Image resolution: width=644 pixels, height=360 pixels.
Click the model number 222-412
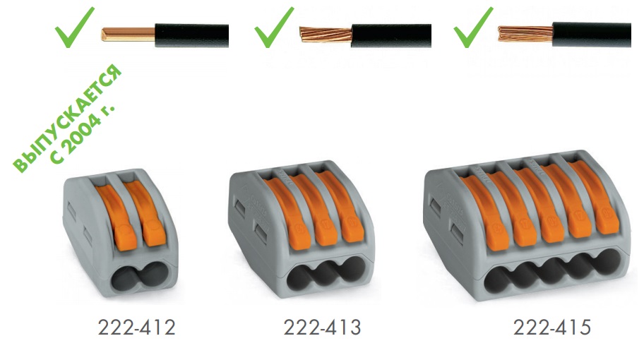(137, 328)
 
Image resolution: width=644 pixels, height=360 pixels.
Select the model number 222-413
(323, 328)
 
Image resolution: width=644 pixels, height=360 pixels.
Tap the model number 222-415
(552, 328)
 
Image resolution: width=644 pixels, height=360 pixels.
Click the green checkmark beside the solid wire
(74, 28)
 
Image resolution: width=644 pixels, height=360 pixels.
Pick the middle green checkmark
(273, 28)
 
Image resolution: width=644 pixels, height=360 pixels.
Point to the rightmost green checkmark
(472, 28)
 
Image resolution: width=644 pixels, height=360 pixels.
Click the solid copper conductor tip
(128, 35)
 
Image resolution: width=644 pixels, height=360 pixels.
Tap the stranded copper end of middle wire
(326, 35)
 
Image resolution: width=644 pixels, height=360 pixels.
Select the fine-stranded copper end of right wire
(525, 34)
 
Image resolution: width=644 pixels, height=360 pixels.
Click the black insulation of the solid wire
(191, 35)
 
